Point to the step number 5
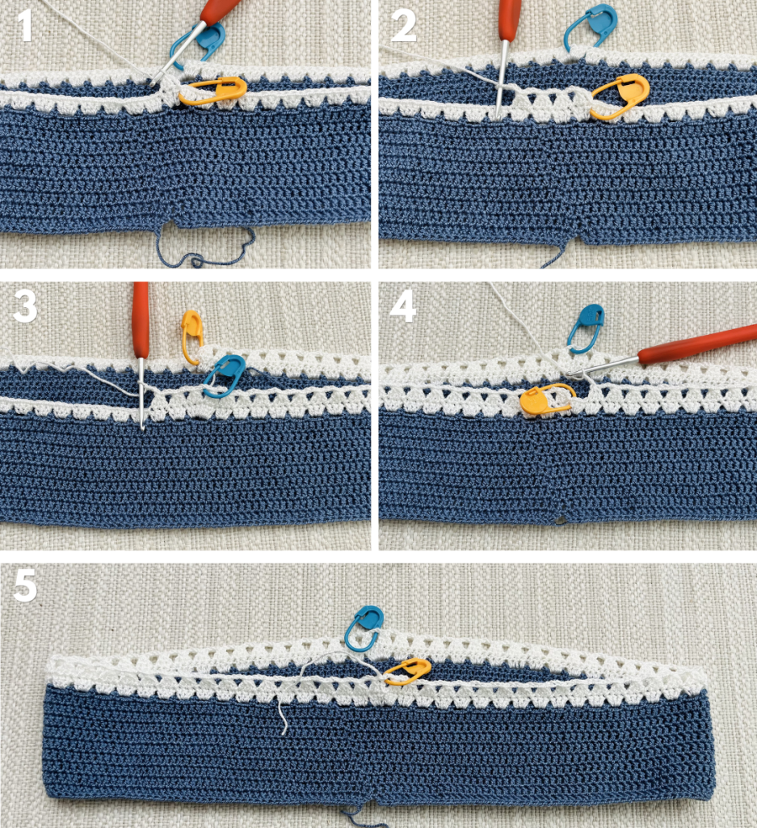pos(25,585)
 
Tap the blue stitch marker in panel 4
pos(585,328)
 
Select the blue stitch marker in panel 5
pos(364,628)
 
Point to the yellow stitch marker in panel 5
pos(408,672)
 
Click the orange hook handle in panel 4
pos(697,344)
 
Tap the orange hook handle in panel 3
pos(141,319)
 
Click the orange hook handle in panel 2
pos(510,19)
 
